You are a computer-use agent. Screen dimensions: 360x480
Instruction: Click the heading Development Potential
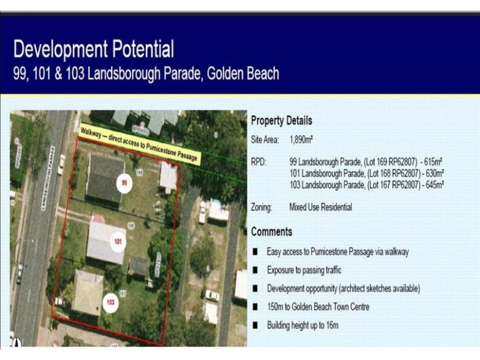pyautogui.click(x=94, y=49)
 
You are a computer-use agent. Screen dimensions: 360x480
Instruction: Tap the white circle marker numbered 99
pyautogui.click(x=124, y=182)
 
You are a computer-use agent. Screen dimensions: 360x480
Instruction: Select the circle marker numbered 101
pyautogui.click(x=118, y=241)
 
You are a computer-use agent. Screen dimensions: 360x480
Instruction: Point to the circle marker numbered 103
pyautogui.click(x=110, y=302)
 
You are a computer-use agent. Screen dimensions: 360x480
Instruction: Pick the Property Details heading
pyautogui.click(x=281, y=120)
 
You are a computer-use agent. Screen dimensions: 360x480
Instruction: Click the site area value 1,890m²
pyautogui.click(x=301, y=139)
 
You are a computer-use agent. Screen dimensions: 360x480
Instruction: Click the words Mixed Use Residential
pyautogui.click(x=320, y=208)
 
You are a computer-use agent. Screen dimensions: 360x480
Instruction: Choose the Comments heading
pyautogui.click(x=272, y=232)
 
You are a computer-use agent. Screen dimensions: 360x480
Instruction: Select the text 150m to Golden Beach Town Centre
pyautogui.click(x=318, y=307)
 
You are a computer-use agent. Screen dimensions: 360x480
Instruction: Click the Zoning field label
pyautogui.click(x=262, y=208)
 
